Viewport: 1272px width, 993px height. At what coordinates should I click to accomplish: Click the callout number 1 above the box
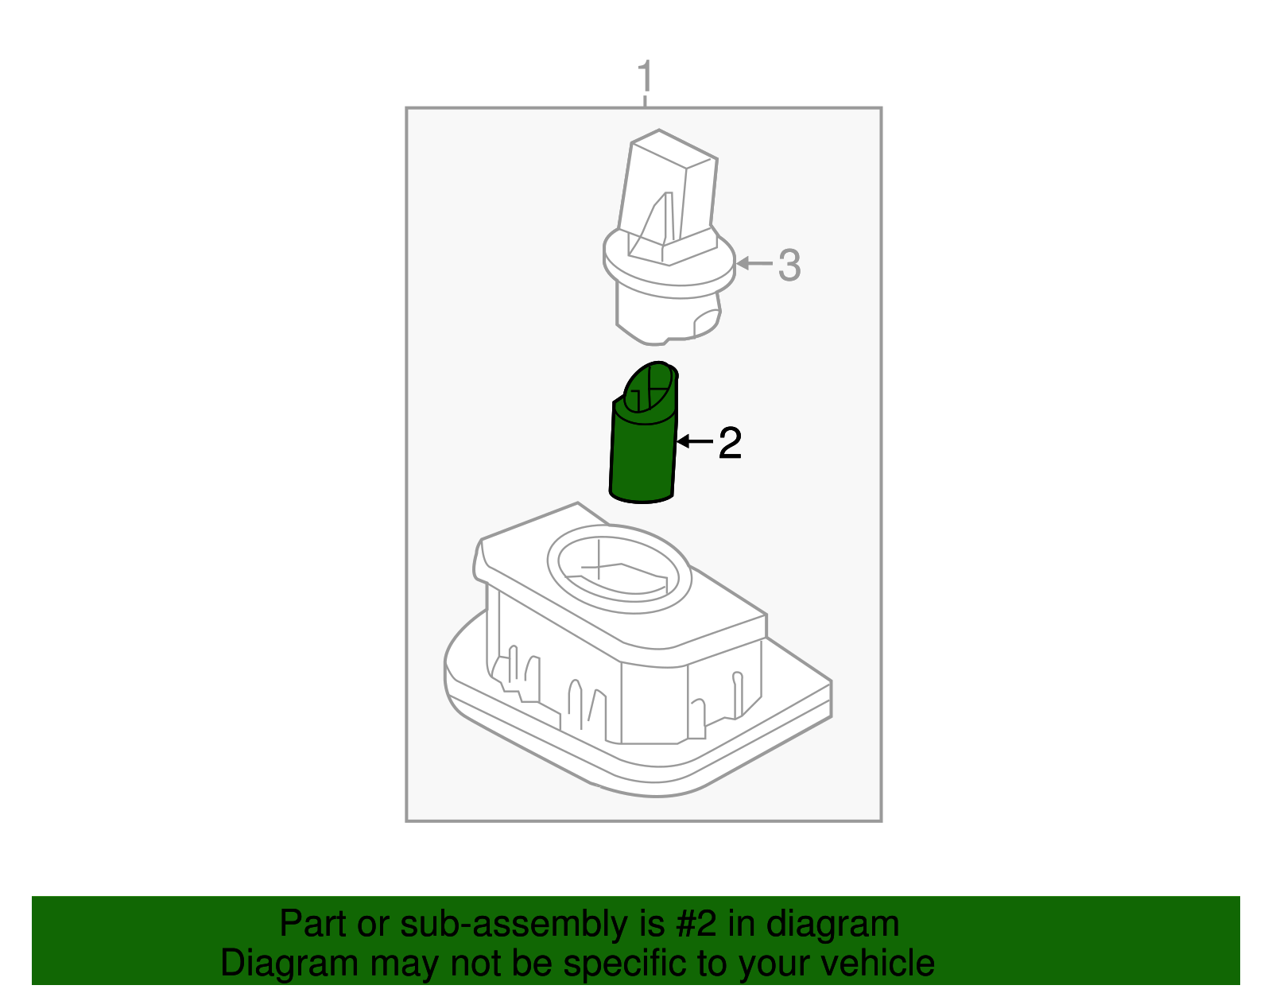click(x=645, y=78)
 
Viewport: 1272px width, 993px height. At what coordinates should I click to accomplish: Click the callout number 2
click(x=730, y=443)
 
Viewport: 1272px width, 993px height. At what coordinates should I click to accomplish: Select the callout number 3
click(x=789, y=265)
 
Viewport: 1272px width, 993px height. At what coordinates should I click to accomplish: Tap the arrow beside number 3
click(x=754, y=262)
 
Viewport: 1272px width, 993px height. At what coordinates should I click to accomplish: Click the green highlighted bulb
click(x=642, y=453)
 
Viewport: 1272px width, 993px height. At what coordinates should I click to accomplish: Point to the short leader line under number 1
click(x=645, y=100)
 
